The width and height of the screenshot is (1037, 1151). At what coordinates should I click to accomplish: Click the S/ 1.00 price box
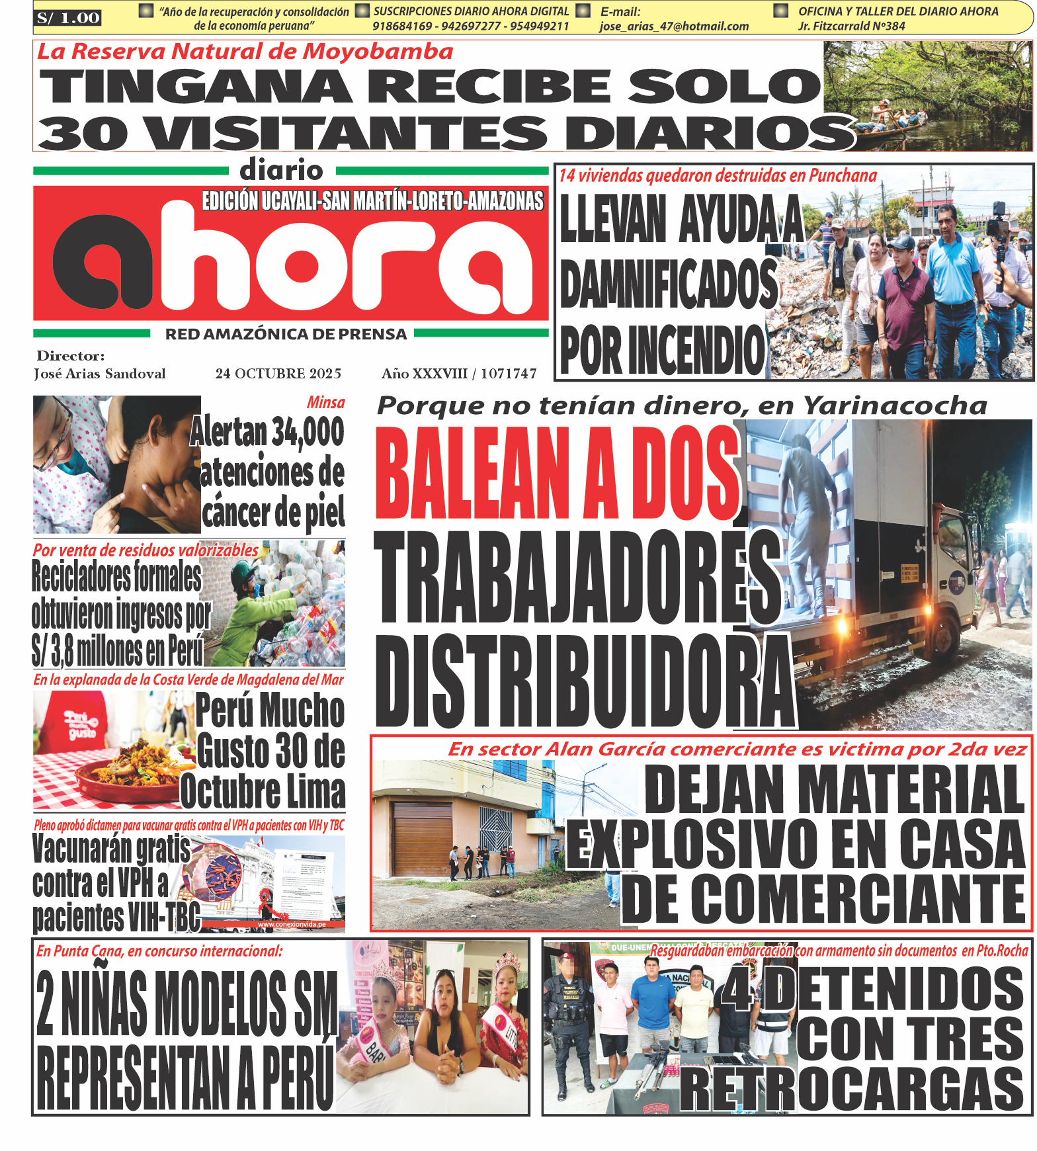[x=68, y=18]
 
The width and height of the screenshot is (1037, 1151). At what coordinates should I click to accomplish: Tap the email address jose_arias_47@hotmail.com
[x=673, y=26]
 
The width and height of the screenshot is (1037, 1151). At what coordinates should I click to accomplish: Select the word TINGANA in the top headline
[x=196, y=86]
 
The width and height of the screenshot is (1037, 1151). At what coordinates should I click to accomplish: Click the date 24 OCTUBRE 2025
[x=278, y=374]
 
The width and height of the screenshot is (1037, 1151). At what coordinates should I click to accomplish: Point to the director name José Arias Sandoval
[x=100, y=374]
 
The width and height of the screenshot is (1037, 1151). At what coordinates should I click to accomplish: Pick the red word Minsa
[x=325, y=402]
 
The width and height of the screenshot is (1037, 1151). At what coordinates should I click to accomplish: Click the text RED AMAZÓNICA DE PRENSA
[x=286, y=335]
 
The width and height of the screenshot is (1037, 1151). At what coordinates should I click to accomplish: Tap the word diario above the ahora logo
[x=281, y=170]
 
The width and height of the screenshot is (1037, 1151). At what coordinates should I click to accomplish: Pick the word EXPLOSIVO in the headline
[x=692, y=845]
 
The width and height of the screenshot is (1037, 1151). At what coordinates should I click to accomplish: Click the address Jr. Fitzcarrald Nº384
[x=851, y=26]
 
